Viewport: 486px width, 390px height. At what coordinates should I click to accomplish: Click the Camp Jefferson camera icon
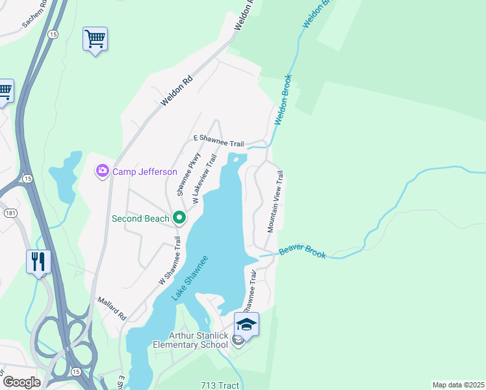tap(102, 171)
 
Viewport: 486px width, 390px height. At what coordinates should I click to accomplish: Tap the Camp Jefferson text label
tap(144, 172)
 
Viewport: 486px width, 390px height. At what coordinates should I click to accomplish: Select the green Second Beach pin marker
tap(179, 218)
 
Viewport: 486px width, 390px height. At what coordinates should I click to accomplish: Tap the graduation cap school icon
tap(246, 324)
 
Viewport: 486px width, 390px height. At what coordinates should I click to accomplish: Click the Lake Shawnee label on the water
tap(190, 278)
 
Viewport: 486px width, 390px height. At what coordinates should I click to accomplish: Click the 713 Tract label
tap(220, 385)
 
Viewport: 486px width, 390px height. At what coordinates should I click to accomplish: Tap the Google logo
tap(21, 382)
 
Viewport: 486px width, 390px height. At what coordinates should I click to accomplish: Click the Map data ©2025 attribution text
tap(457, 385)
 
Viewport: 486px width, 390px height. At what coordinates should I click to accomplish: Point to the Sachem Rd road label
tap(35, 14)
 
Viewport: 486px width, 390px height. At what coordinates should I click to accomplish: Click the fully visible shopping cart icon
tap(95, 39)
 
